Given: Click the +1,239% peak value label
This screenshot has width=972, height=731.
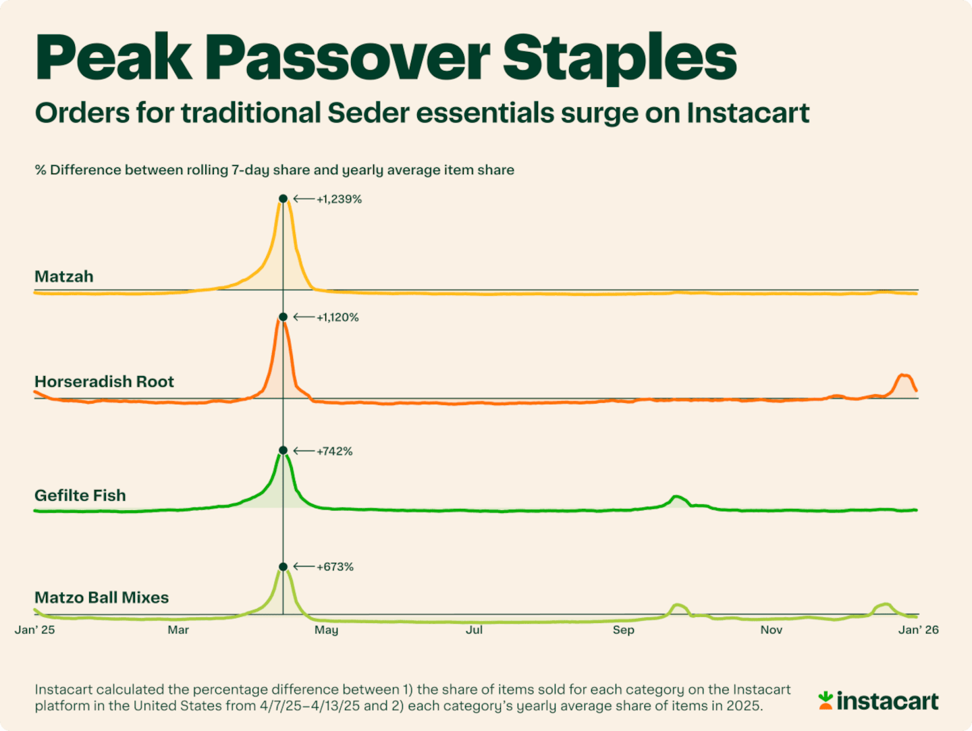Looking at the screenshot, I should coord(339,199).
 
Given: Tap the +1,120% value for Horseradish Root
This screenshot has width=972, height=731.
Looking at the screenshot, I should coord(337,317).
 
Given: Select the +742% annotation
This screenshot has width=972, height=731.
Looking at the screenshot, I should coord(334,451).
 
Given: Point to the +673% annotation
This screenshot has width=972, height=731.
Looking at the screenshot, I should coord(335,567).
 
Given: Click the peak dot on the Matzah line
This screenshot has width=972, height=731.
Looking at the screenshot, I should coord(283,198).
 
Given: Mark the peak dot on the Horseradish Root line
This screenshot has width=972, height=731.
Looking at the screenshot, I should coord(283,317).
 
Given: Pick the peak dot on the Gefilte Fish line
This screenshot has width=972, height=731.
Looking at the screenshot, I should coord(283,450).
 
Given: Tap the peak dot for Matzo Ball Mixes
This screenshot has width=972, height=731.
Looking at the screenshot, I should coord(283,566).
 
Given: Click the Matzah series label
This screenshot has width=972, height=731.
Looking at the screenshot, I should coord(64,277).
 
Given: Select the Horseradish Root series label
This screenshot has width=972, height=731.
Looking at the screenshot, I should coord(104,382).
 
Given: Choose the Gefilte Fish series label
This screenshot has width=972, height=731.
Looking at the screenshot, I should coord(80,495).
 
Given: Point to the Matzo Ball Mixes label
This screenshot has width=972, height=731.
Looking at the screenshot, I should coord(101,597).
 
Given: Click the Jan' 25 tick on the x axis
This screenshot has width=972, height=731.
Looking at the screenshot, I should coord(35,630).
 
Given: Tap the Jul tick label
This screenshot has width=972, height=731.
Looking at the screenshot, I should coord(474,630).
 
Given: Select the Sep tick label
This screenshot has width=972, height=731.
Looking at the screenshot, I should coord(623,630).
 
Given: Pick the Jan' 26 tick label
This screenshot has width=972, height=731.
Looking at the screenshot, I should coord(918,630).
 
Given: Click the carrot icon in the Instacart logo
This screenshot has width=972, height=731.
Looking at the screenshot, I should coord(825,700).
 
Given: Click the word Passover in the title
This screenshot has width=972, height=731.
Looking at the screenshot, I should coord(347,58).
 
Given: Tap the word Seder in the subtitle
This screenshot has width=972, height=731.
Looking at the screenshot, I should coord(369,113).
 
